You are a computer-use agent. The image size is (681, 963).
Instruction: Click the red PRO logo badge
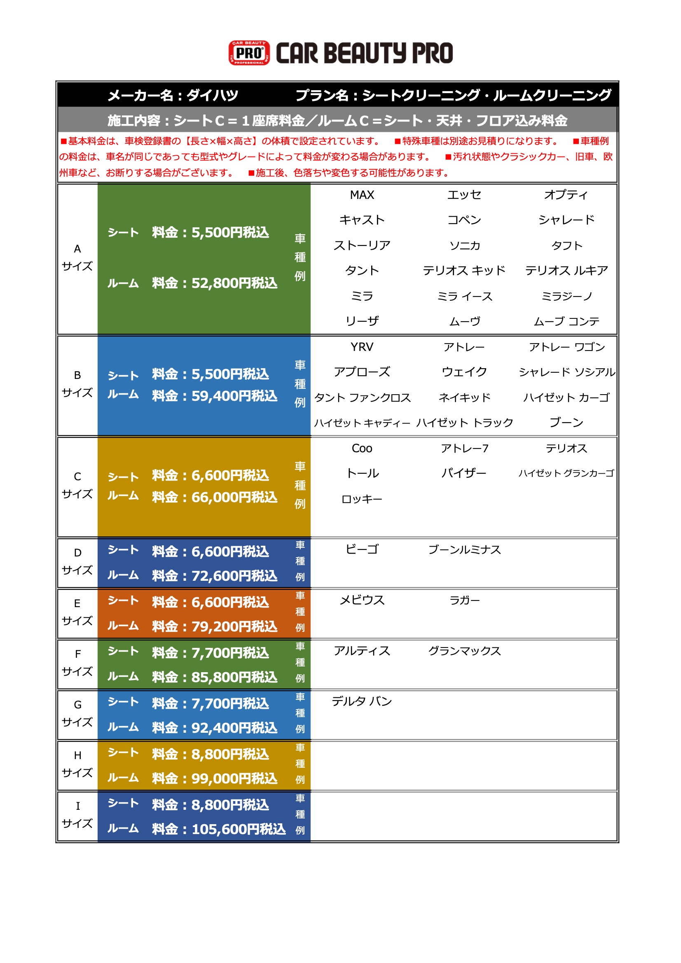(249, 53)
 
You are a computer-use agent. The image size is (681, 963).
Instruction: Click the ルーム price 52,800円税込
(234, 283)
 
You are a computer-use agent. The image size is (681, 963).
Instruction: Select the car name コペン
(464, 220)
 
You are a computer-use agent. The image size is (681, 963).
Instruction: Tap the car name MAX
(362, 195)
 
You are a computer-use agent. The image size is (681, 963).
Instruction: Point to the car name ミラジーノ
(566, 297)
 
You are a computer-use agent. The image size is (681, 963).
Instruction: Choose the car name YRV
(362, 347)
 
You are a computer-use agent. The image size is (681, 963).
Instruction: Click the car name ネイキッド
(464, 397)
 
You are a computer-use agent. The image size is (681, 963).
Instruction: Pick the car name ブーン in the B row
(566, 422)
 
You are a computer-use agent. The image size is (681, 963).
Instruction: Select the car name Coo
(362, 449)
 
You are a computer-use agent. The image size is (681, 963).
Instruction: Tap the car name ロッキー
(362, 499)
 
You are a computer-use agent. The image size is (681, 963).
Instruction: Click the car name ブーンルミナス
(464, 549)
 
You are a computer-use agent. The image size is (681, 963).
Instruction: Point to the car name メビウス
(362, 600)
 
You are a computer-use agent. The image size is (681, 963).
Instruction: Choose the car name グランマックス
(464, 651)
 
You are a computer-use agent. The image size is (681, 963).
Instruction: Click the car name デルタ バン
(362, 701)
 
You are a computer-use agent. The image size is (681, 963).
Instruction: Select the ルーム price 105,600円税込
(238, 829)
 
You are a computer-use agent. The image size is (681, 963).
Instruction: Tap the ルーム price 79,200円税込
(234, 626)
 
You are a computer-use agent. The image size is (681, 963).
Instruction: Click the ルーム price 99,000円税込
(234, 778)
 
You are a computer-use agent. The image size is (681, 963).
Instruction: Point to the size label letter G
(77, 705)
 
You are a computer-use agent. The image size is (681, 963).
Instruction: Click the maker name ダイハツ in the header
(212, 96)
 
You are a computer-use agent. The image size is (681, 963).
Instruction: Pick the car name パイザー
(464, 474)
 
